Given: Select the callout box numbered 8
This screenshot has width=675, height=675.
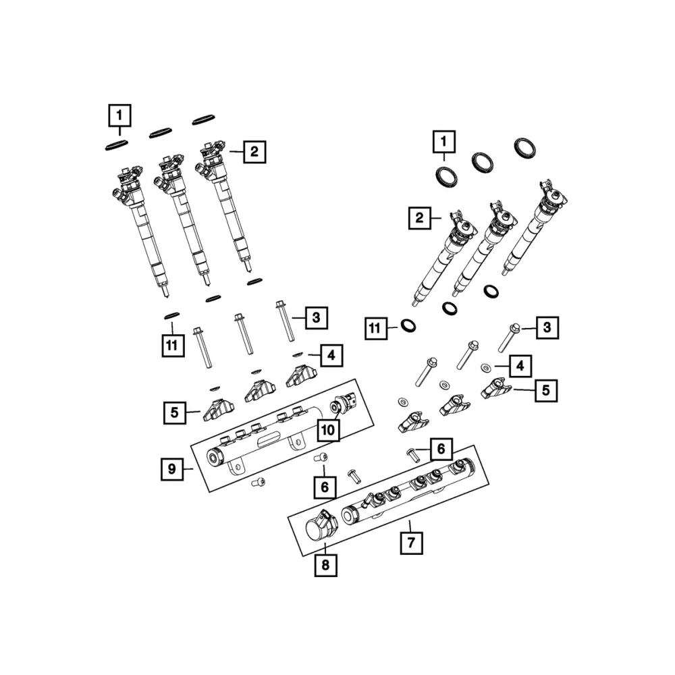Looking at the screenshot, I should click(x=325, y=566).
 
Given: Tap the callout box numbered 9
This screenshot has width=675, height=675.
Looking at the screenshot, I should click(x=172, y=468).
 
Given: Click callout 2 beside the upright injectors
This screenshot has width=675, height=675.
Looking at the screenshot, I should click(x=254, y=152).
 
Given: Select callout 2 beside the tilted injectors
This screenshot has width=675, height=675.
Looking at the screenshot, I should click(x=419, y=218).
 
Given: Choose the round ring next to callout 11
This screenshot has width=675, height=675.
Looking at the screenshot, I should click(x=408, y=327).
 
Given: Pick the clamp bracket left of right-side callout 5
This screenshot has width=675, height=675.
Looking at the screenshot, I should click(x=497, y=386).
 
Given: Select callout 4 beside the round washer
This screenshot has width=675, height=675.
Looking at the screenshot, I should click(x=520, y=366).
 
